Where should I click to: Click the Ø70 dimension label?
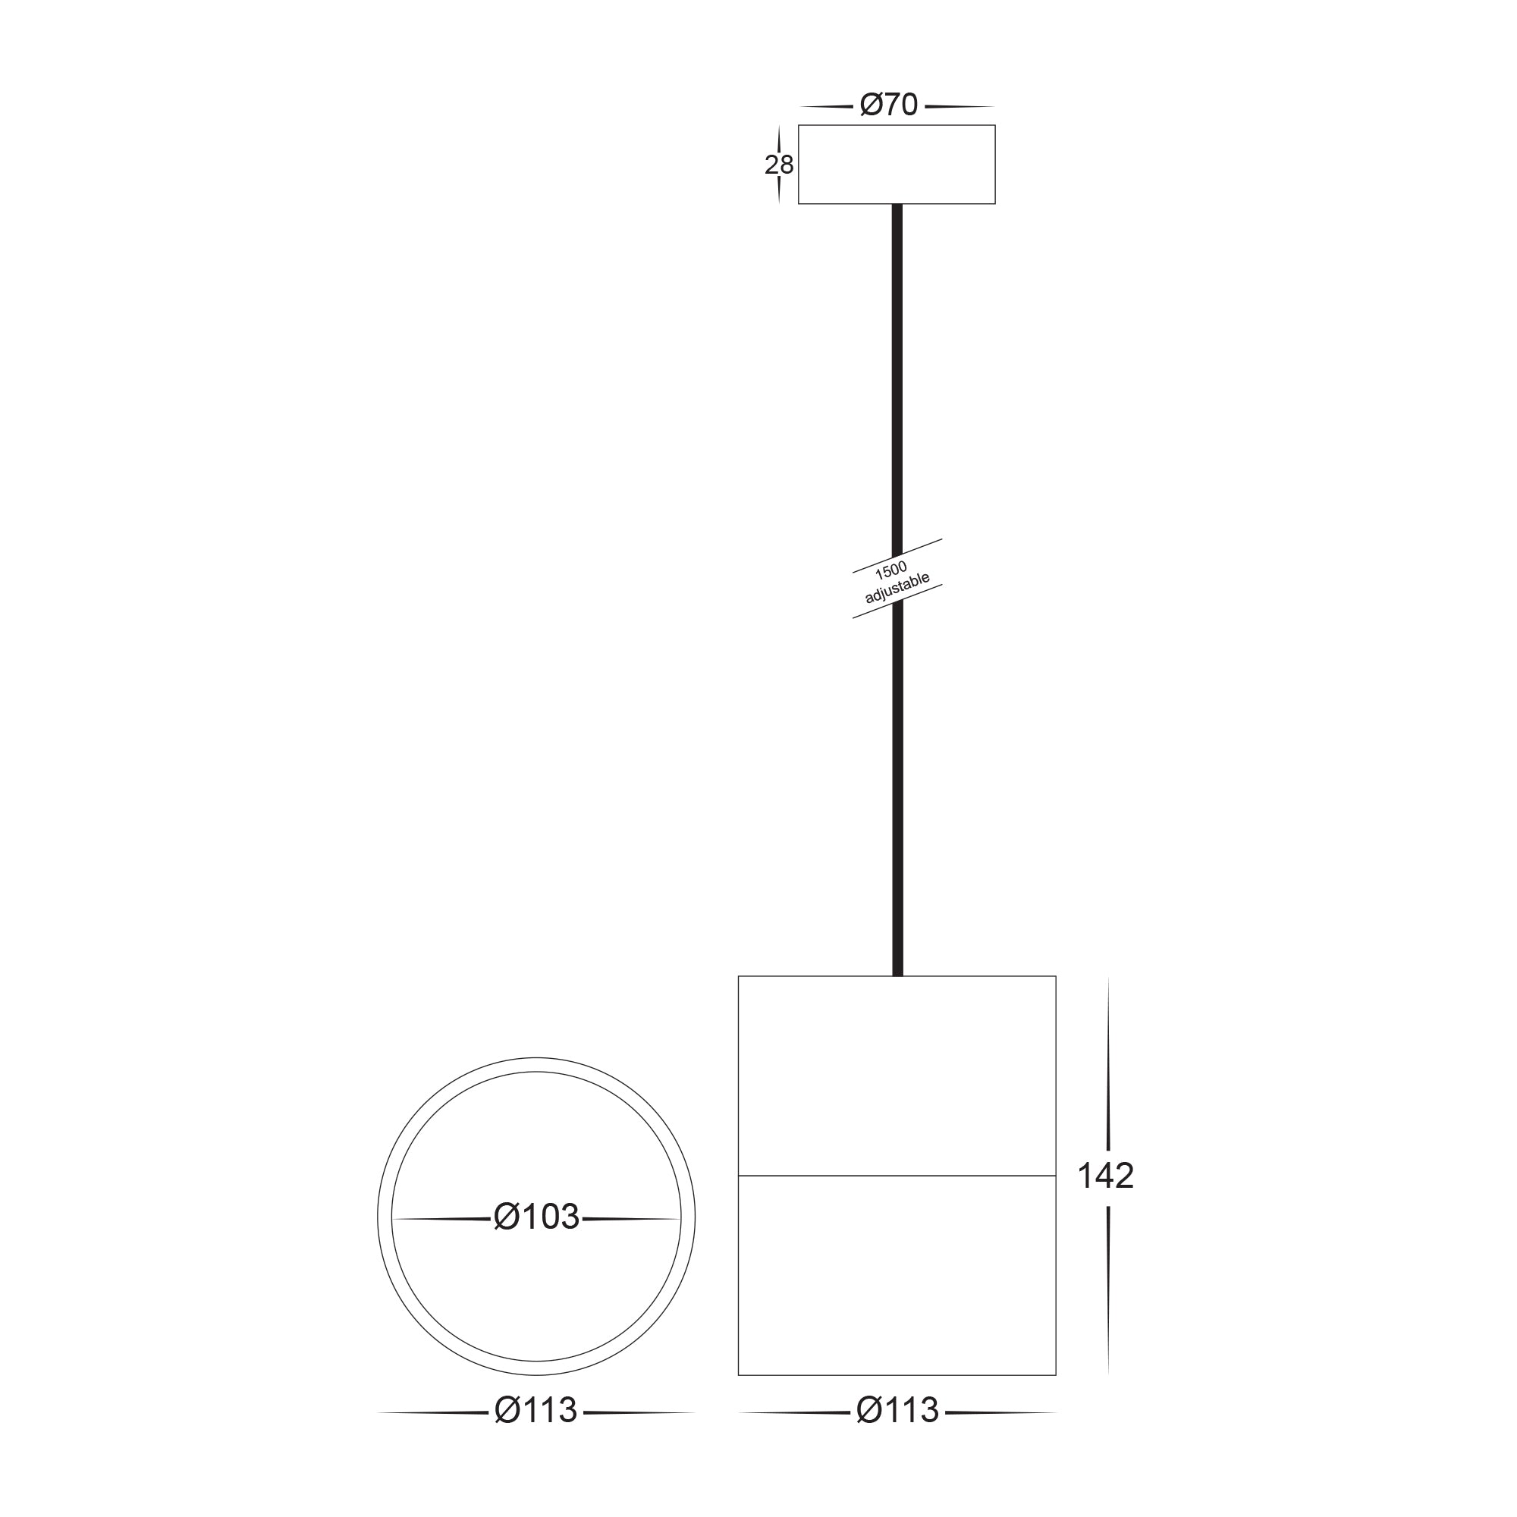tap(889, 105)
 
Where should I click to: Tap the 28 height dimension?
tap(779, 165)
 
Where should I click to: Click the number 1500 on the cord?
tap(890, 571)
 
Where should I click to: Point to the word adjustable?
tap(897, 588)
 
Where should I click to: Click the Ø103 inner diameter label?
tap(536, 1217)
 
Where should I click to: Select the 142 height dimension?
tap(1105, 1176)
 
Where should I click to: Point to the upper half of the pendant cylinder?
tap(897, 1076)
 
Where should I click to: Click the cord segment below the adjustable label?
tap(898, 785)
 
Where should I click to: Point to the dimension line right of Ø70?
tap(960, 106)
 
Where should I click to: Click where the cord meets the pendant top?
tap(898, 976)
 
